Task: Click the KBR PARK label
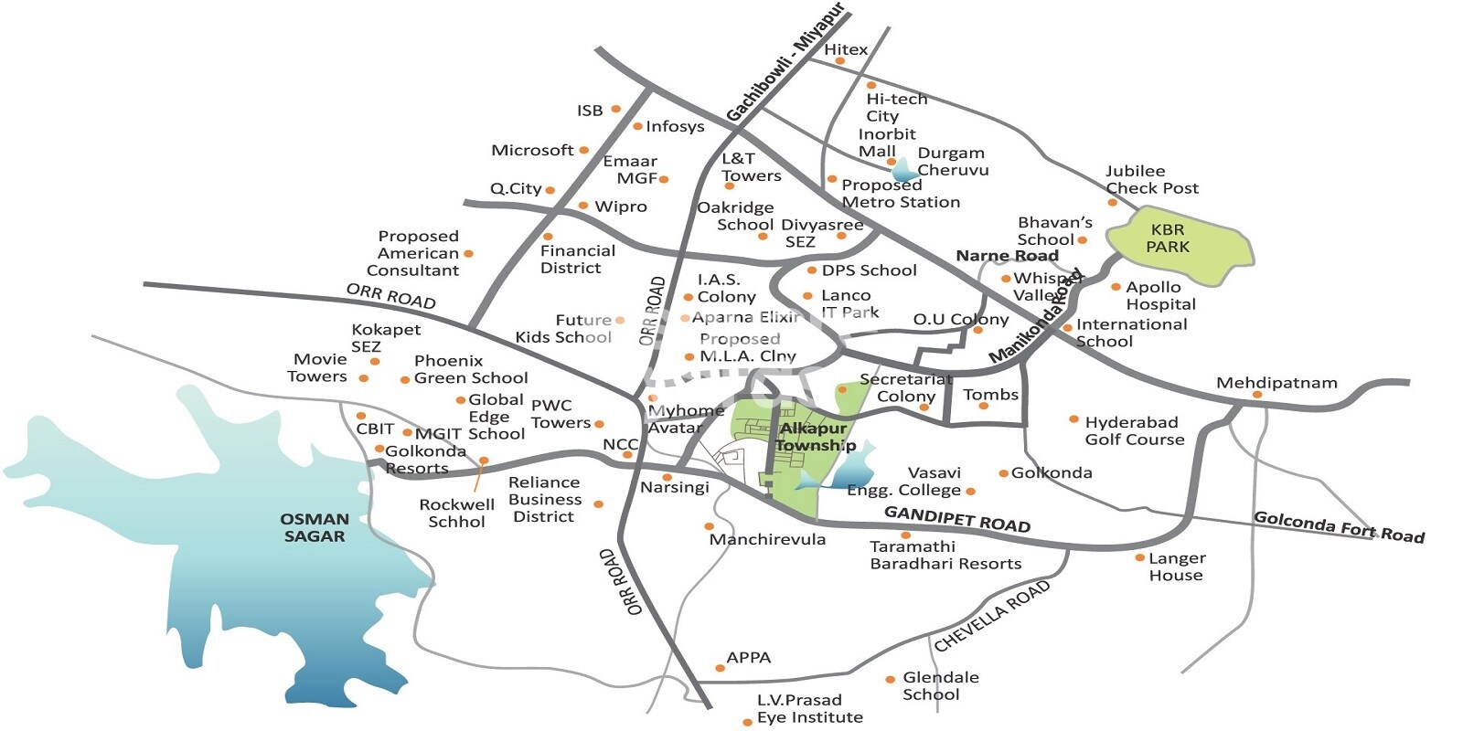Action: pyautogui.click(x=1168, y=238)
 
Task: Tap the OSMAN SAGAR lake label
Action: pyautogui.click(x=315, y=528)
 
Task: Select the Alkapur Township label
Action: pyautogui.click(x=814, y=437)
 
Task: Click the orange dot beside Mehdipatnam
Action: pyautogui.click(x=1257, y=395)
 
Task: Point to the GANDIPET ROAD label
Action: pyautogui.click(x=956, y=519)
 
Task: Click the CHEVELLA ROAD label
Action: pyautogui.click(x=992, y=616)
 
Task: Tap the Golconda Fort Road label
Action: pyautogui.click(x=1339, y=527)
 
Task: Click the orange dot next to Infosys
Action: pyautogui.click(x=637, y=126)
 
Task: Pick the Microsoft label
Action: pyautogui.click(x=532, y=150)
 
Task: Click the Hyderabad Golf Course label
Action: pyautogui.click(x=1134, y=430)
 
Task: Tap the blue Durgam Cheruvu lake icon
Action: pyautogui.click(x=904, y=170)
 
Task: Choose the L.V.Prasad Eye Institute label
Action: pyautogui.click(x=809, y=709)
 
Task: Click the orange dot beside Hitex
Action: pyautogui.click(x=840, y=61)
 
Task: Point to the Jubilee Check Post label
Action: pyautogui.click(x=1151, y=179)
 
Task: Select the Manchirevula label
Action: pyautogui.click(x=767, y=540)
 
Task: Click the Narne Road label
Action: pyautogui.click(x=1007, y=256)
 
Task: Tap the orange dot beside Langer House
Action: pyautogui.click(x=1139, y=557)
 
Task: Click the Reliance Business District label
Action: pyautogui.click(x=545, y=499)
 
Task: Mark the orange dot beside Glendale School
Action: pyautogui.click(x=890, y=680)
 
